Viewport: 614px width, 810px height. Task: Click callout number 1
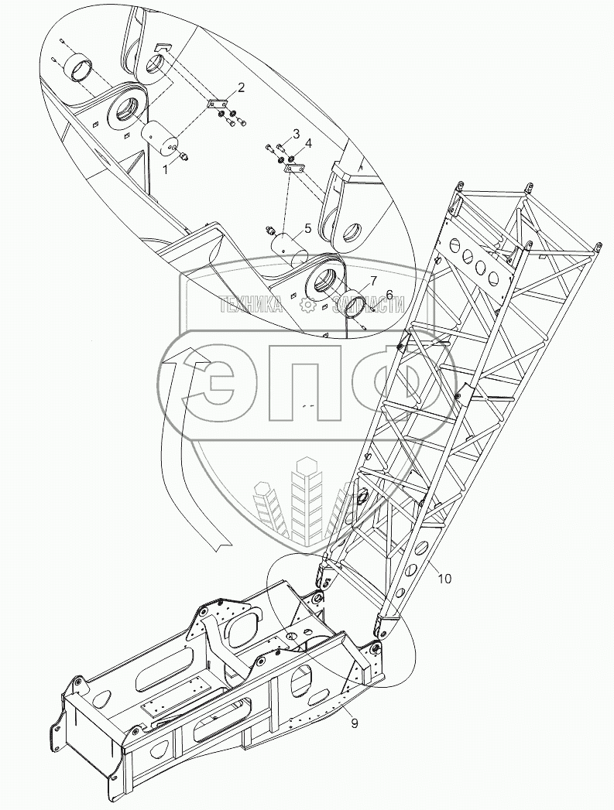point(165,168)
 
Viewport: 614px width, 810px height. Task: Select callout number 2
point(241,87)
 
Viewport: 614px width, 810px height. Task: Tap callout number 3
point(295,134)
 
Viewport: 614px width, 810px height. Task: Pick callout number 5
point(307,228)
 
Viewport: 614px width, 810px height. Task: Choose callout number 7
point(372,279)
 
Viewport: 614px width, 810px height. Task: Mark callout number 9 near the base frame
point(354,725)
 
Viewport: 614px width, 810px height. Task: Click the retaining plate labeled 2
point(219,104)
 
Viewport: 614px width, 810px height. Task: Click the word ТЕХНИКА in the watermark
point(250,306)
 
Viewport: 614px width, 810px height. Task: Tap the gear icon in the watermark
point(307,306)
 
